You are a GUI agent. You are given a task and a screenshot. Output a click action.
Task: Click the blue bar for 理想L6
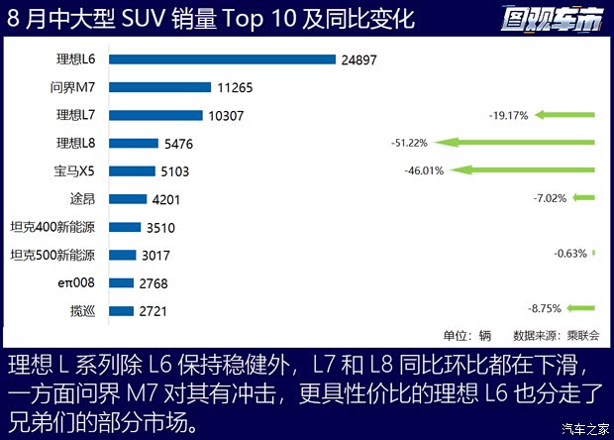(222, 59)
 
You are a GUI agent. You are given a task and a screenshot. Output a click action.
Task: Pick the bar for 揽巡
(121, 311)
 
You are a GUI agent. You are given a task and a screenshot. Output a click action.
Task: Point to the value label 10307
(227, 115)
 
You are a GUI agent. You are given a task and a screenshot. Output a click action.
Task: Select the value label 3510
(162, 227)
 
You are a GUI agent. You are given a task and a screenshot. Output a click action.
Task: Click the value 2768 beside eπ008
(154, 283)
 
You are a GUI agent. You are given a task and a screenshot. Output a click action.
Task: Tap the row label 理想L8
(75, 143)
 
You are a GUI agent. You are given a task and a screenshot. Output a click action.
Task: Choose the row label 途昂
(83, 199)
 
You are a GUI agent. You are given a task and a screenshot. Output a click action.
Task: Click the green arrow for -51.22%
(517, 143)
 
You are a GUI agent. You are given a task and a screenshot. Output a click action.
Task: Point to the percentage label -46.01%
(425, 171)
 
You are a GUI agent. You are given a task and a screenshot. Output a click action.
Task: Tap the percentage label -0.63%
(570, 255)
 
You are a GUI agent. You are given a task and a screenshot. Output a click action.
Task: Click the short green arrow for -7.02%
(583, 198)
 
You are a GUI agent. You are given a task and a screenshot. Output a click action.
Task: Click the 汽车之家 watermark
(584, 428)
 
